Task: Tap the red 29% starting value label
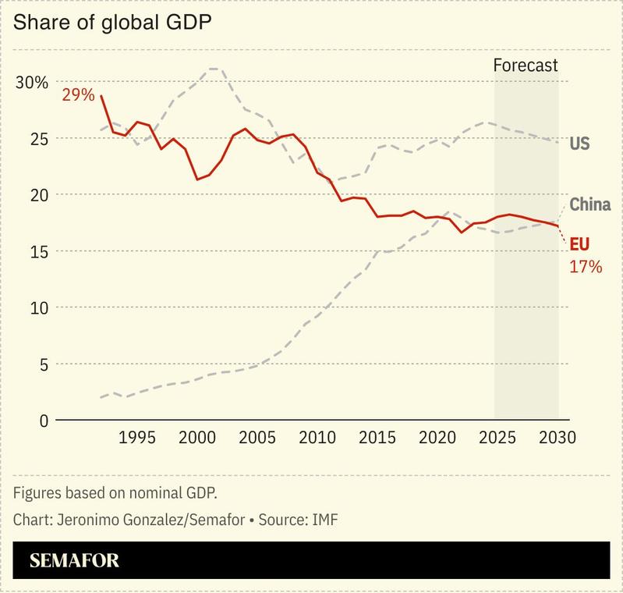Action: point(78,95)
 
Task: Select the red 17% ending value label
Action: point(586,267)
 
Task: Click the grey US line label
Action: point(579,144)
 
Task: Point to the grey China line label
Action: point(589,205)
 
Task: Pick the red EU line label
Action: point(580,244)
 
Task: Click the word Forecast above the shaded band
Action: point(526,66)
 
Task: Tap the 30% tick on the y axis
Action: point(32,83)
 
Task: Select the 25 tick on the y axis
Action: point(38,139)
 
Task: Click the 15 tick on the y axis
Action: point(38,252)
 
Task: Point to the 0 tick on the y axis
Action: point(43,421)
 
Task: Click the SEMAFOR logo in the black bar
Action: point(74,560)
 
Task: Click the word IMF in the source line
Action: point(325,518)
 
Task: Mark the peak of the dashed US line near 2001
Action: point(214,69)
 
